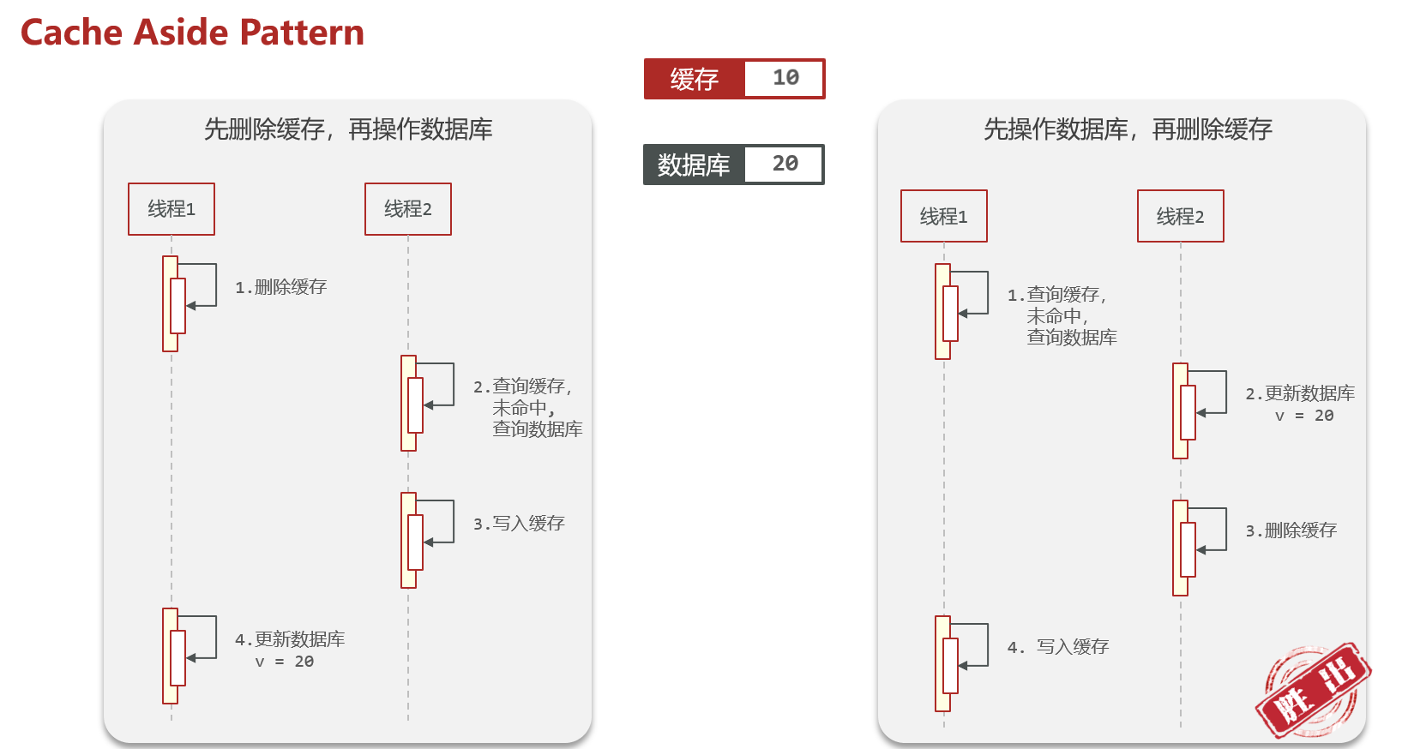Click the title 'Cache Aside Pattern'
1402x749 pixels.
(x=192, y=33)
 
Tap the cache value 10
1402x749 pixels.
(x=785, y=78)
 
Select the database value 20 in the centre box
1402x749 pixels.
(x=785, y=164)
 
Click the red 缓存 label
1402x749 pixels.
(x=695, y=79)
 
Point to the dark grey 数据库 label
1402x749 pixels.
(x=694, y=165)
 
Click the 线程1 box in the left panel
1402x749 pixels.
(x=171, y=209)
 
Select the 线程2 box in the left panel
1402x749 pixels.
(x=408, y=209)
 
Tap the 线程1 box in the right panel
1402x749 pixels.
(x=944, y=216)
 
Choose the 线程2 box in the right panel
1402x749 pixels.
(x=1181, y=216)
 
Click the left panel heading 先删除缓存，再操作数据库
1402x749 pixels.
(x=348, y=129)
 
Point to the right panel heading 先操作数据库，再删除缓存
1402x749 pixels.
(x=1128, y=129)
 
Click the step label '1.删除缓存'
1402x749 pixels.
(x=281, y=287)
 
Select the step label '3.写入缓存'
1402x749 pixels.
(x=519, y=524)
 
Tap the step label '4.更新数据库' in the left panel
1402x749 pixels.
(x=290, y=639)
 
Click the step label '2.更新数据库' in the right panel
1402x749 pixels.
(x=1300, y=393)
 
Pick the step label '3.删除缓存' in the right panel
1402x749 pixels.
(x=1291, y=530)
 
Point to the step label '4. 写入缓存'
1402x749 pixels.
(x=1058, y=647)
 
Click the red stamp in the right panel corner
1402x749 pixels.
(x=1312, y=690)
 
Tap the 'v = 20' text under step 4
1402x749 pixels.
(x=285, y=662)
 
